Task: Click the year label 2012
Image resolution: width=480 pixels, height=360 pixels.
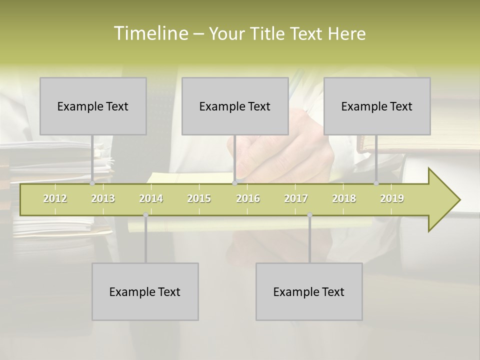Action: pyautogui.click(x=55, y=198)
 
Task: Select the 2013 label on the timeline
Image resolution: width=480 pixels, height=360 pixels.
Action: pyautogui.click(x=103, y=198)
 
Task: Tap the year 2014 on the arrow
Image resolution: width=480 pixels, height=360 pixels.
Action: pyautogui.click(x=151, y=198)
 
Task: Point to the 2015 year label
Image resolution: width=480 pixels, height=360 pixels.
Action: pyautogui.click(x=199, y=198)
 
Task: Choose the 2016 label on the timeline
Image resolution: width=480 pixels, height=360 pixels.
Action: pyautogui.click(x=248, y=198)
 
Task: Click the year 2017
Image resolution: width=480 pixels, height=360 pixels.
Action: pyautogui.click(x=296, y=198)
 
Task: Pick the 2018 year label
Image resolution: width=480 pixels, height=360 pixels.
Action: pyautogui.click(x=344, y=198)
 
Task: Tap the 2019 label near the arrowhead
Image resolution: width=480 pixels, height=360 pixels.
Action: pyautogui.click(x=392, y=198)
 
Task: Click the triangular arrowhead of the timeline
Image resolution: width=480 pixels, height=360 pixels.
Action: pyautogui.click(x=443, y=200)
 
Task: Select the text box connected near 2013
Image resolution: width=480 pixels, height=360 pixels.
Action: pyautogui.click(x=93, y=106)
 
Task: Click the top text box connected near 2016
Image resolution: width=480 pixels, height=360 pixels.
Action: pyautogui.click(x=235, y=106)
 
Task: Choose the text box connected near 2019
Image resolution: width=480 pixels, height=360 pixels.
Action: pyautogui.click(x=377, y=106)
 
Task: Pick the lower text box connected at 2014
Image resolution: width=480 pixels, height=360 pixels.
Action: pyautogui.click(x=145, y=291)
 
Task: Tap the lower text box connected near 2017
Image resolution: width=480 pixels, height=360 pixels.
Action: pyautogui.click(x=309, y=291)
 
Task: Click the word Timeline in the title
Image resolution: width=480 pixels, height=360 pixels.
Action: pyautogui.click(x=150, y=33)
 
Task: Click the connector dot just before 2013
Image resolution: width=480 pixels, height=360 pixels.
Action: pyautogui.click(x=92, y=183)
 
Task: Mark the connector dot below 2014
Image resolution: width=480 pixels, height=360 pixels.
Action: pyautogui.click(x=145, y=214)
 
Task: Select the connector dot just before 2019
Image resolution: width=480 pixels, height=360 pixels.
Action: pyautogui.click(x=376, y=183)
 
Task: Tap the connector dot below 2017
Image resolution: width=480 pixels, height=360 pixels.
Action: pyautogui.click(x=309, y=214)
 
